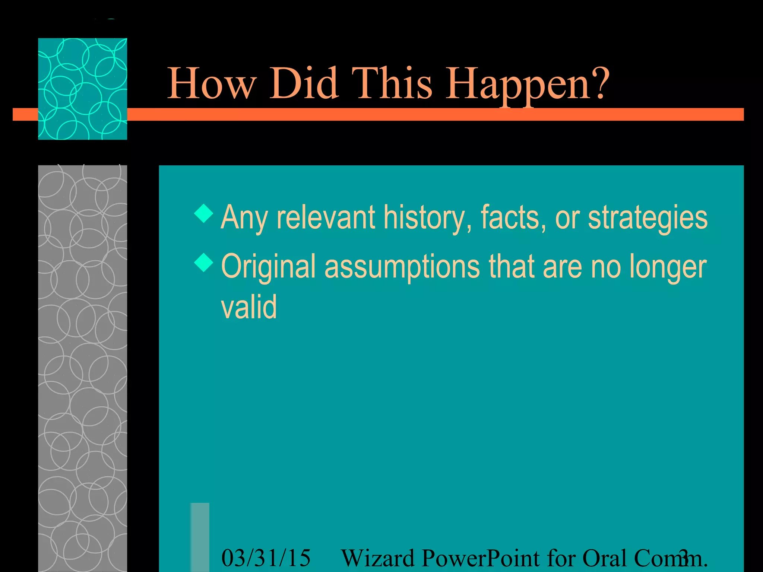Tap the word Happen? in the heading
(x=528, y=84)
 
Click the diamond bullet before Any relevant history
(x=204, y=213)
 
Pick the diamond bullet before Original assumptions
(x=204, y=263)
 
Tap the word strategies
(x=648, y=218)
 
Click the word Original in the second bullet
(x=268, y=267)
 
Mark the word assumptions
(x=402, y=267)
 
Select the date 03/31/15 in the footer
(x=266, y=558)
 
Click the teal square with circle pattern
(x=82, y=89)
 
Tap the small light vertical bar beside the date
(x=200, y=537)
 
